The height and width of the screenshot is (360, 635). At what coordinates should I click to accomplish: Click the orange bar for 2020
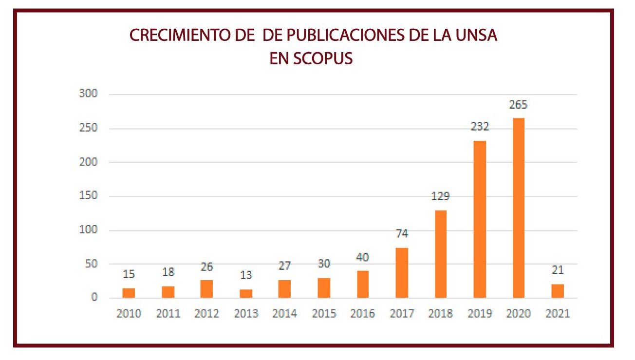[518, 208]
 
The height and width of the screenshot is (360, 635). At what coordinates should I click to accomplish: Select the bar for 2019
[480, 219]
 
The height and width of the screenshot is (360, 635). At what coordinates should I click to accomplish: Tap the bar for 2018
[440, 254]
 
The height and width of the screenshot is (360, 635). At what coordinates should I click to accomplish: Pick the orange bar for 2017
[402, 273]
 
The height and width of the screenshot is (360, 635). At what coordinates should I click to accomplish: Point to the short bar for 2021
[558, 291]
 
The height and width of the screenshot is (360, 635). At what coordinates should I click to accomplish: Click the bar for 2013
[246, 293]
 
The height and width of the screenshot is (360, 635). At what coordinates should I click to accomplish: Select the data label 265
[518, 105]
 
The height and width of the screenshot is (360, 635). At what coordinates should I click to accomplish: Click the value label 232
[480, 127]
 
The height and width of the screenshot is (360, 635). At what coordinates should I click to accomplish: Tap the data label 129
[440, 197]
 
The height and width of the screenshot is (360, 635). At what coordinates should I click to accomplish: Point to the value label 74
[402, 234]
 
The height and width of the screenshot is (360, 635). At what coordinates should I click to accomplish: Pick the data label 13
[246, 275]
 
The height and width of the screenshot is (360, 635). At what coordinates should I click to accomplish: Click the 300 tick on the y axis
[89, 94]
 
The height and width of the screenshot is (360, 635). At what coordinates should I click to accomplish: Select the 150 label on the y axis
[89, 196]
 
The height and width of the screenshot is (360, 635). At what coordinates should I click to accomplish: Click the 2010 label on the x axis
[129, 314]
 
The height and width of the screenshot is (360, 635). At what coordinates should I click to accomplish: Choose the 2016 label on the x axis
[363, 314]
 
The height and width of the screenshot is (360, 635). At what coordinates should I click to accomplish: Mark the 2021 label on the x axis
[558, 314]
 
